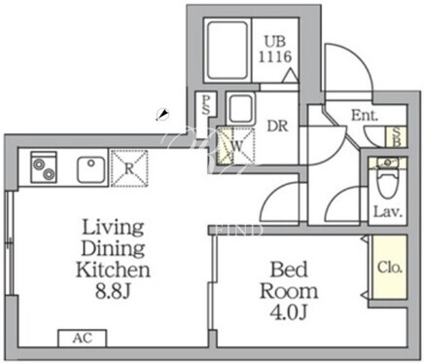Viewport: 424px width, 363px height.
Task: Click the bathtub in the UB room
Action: point(227,51)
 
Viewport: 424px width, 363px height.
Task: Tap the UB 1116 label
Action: point(275,50)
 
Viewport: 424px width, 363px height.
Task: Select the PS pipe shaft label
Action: point(205,105)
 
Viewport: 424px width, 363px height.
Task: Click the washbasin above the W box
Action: point(240,109)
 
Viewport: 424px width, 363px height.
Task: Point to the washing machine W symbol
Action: point(235,146)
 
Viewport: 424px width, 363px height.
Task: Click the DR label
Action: point(277,126)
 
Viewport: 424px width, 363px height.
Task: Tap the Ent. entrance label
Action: point(365,116)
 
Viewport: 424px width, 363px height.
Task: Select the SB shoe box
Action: point(396,136)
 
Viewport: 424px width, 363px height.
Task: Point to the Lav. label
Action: point(388,212)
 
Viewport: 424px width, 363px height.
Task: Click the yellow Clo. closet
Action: point(390,267)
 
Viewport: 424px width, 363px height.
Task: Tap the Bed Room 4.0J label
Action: point(289,290)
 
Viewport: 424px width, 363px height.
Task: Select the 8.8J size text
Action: point(113,292)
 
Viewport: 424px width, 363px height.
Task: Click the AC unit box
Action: point(83,339)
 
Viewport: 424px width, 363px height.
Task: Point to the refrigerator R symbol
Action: point(129,168)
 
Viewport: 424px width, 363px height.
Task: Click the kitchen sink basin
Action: point(90,169)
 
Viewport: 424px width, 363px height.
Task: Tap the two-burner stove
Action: point(44,167)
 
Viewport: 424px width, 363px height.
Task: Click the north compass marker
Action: point(162,115)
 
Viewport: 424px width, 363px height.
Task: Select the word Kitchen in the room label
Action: point(113,270)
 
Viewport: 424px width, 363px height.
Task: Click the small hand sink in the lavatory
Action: point(388,163)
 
